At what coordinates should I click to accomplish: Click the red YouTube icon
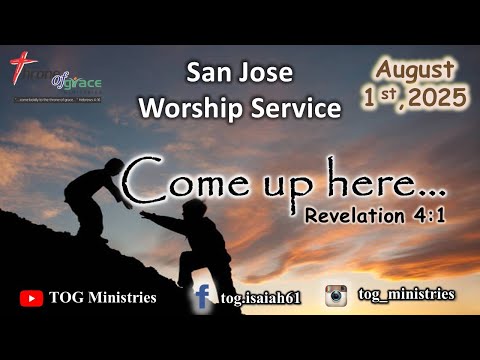31,297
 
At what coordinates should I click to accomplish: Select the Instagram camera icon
336,295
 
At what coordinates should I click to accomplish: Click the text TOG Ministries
101,297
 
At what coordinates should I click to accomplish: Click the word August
417,71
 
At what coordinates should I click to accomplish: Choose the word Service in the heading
298,106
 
